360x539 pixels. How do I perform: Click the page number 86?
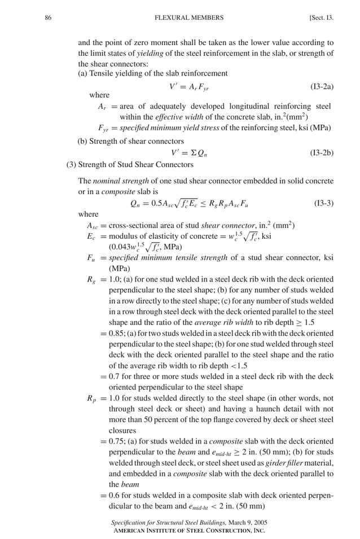point(48,17)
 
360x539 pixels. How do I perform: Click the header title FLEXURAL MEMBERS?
point(188,17)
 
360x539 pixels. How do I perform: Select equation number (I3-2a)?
point(322,87)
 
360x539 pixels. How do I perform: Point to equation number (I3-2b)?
point(322,152)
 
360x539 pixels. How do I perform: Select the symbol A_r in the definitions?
point(102,107)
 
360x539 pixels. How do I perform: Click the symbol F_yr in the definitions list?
point(103,128)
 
